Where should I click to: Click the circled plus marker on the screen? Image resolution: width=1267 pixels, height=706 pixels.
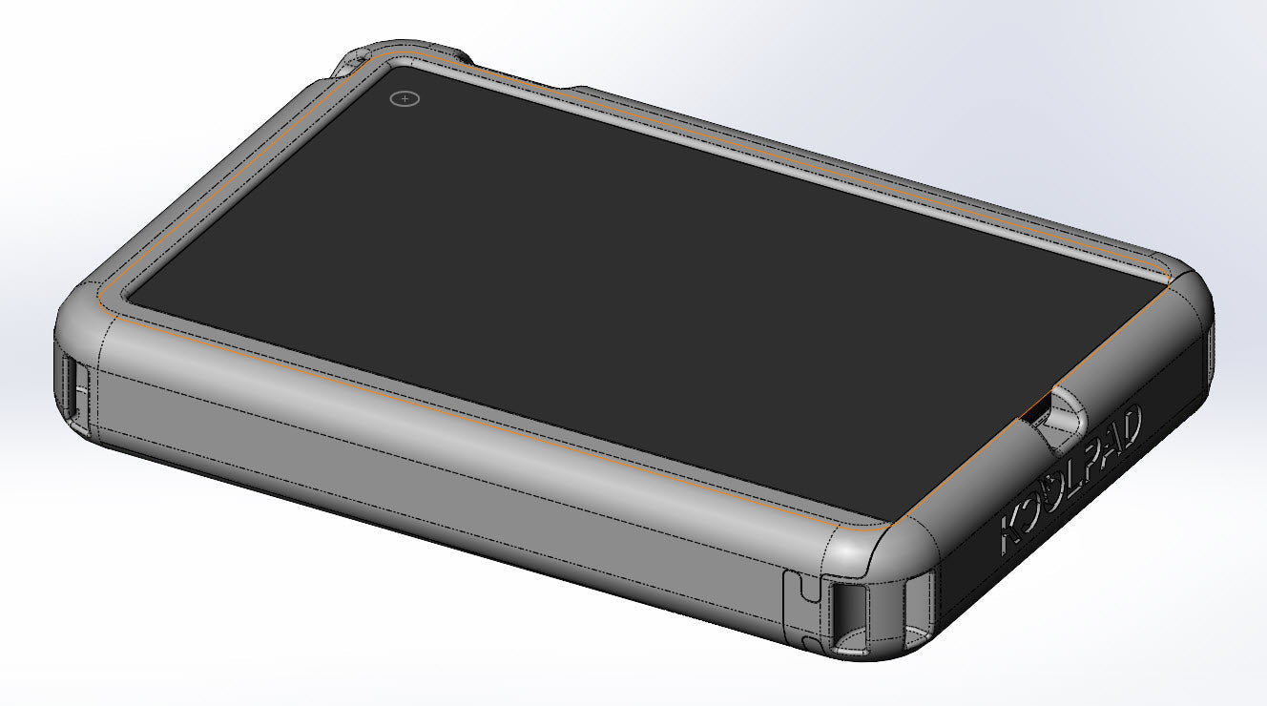click(x=405, y=98)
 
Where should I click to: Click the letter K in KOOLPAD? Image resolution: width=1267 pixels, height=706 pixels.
click(x=1013, y=535)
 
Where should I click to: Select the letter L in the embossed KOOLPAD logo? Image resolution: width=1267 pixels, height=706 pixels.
click(x=1070, y=483)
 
